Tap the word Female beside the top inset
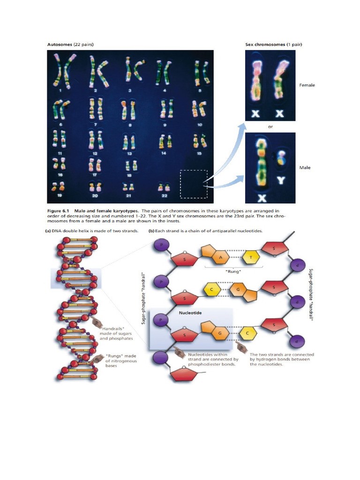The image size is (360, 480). pyautogui.click(x=307, y=85)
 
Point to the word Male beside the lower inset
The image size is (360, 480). pyautogui.click(x=305, y=167)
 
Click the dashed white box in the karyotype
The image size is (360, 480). pyautogui.click(x=193, y=184)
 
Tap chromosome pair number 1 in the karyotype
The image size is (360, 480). pyautogui.click(x=61, y=71)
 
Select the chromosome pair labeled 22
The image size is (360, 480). pyautogui.click(x=164, y=187)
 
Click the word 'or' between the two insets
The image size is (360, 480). pyautogui.click(x=270, y=127)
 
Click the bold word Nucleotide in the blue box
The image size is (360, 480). pyautogui.click(x=191, y=312)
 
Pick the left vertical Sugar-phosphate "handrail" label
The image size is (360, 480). pyautogui.click(x=143, y=300)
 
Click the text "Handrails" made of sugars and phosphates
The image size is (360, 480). pyautogui.click(x=117, y=333)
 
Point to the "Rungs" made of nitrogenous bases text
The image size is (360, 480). pyautogui.click(x=118, y=360)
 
